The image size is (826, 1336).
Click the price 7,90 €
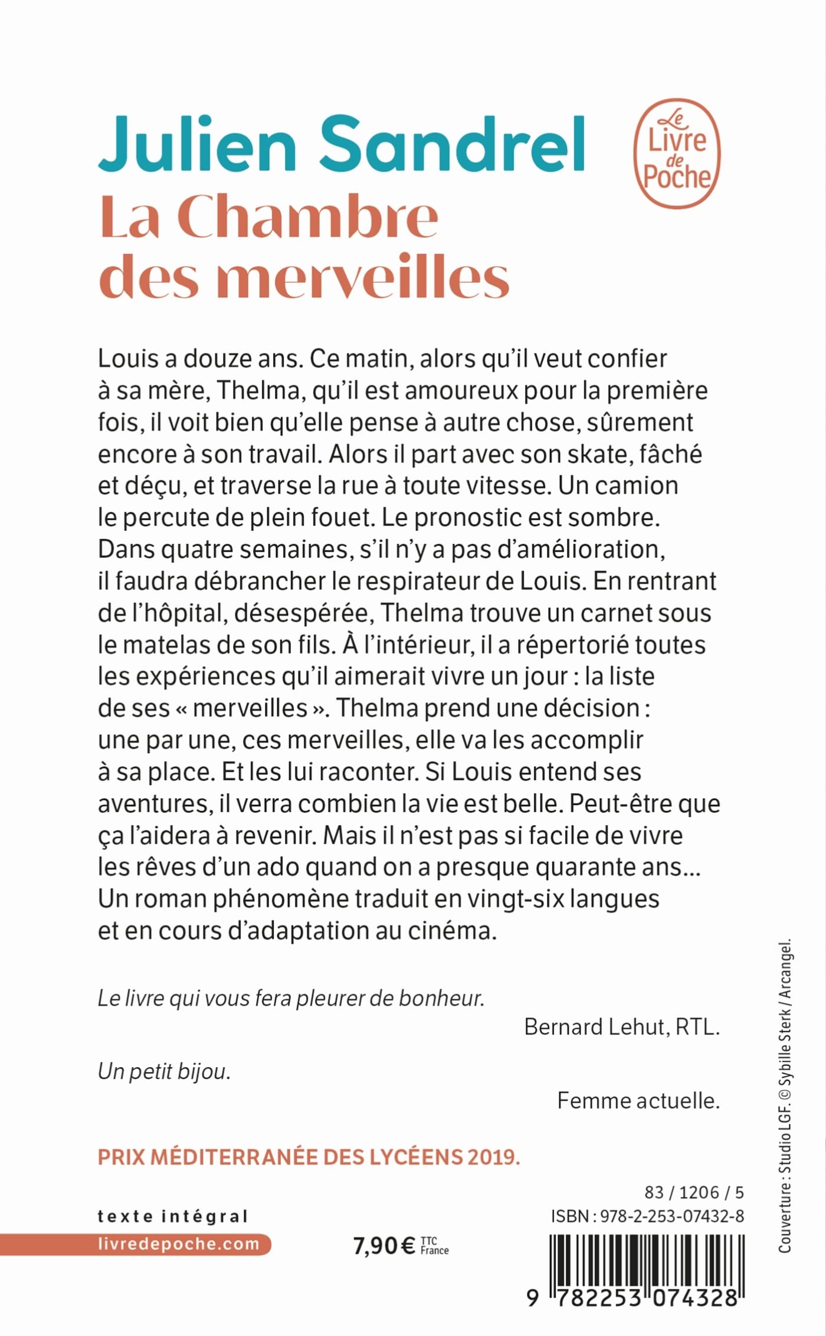[384, 1246]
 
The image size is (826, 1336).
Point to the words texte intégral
[172, 1216]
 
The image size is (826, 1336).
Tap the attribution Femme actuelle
[638, 1101]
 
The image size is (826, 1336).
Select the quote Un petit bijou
[164, 1071]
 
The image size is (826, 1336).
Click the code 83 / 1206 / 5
[694, 1192]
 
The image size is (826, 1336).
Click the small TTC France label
[435, 1245]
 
